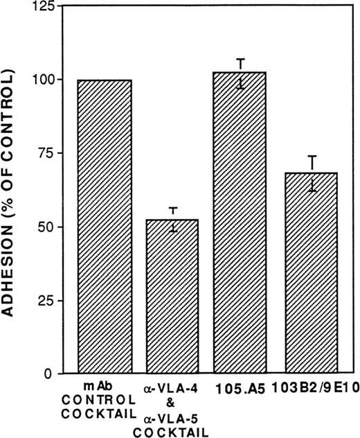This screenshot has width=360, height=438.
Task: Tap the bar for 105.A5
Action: pyautogui.click(x=241, y=222)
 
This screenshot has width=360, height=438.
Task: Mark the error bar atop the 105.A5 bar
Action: pyautogui.click(x=241, y=73)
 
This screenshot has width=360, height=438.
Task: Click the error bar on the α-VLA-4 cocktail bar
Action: pyautogui.click(x=174, y=219)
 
